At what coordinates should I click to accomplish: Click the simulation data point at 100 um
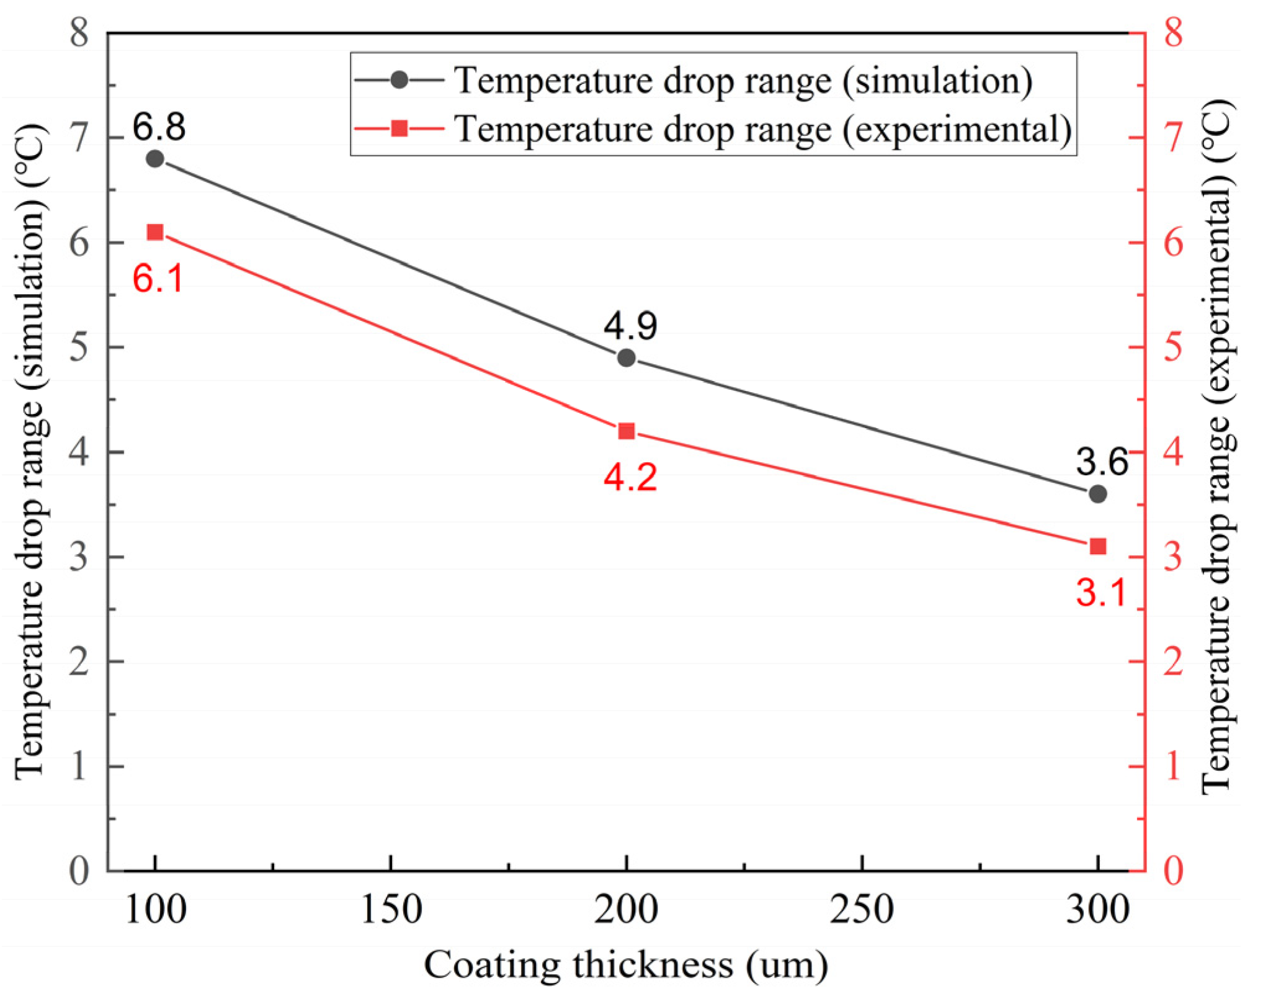[x=155, y=159]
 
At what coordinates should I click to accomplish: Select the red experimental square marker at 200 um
[x=627, y=431]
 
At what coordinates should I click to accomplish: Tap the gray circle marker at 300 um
[x=1097, y=494]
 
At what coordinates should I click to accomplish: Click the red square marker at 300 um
[x=1097, y=546]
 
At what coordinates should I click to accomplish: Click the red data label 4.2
[x=630, y=477]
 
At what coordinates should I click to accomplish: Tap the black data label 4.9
[x=630, y=325]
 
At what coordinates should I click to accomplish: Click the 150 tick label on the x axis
[x=391, y=910]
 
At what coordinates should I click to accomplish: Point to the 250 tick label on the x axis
[x=862, y=910]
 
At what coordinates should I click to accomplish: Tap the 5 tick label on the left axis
[x=79, y=347]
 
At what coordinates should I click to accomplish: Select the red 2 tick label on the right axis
[x=1173, y=662]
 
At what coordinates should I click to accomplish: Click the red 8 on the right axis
[x=1173, y=32]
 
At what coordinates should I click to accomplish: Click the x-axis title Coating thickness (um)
[x=625, y=965]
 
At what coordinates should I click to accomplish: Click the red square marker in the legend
[x=399, y=129]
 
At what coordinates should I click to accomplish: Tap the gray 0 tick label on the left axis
[x=79, y=871]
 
